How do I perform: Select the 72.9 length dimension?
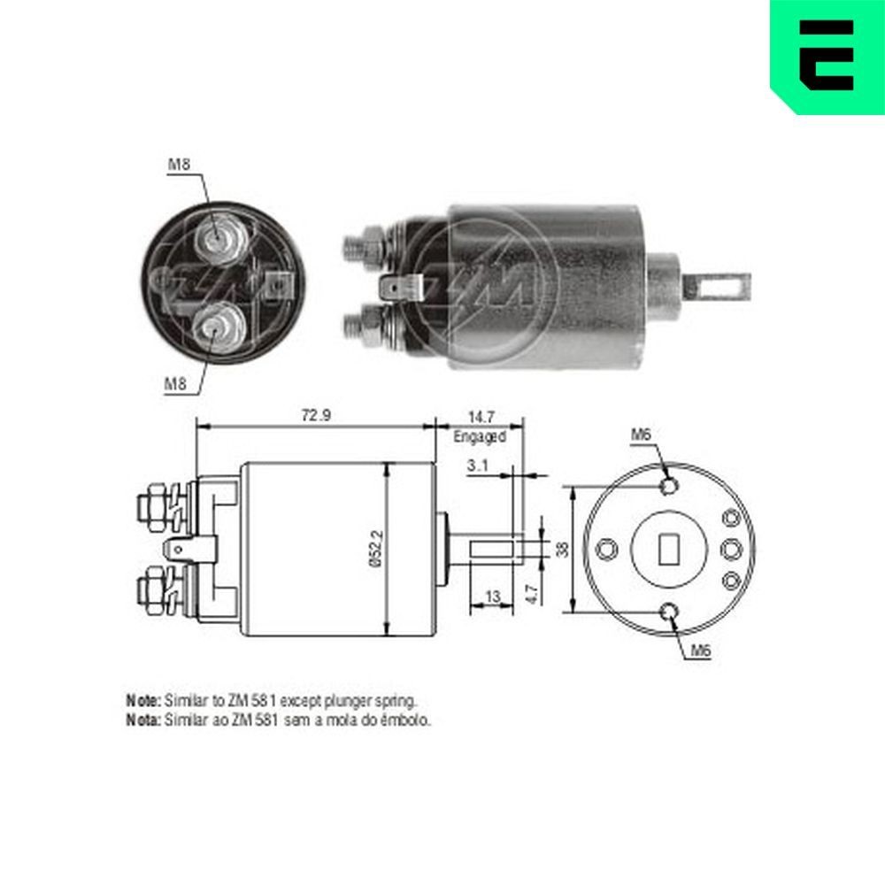314,415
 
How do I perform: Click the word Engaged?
479,436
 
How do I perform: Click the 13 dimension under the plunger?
493,597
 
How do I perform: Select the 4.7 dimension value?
531,591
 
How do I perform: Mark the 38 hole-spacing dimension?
561,550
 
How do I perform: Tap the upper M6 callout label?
642,434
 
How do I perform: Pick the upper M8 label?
180,164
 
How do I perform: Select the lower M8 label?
176,383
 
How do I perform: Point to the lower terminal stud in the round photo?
215,327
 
